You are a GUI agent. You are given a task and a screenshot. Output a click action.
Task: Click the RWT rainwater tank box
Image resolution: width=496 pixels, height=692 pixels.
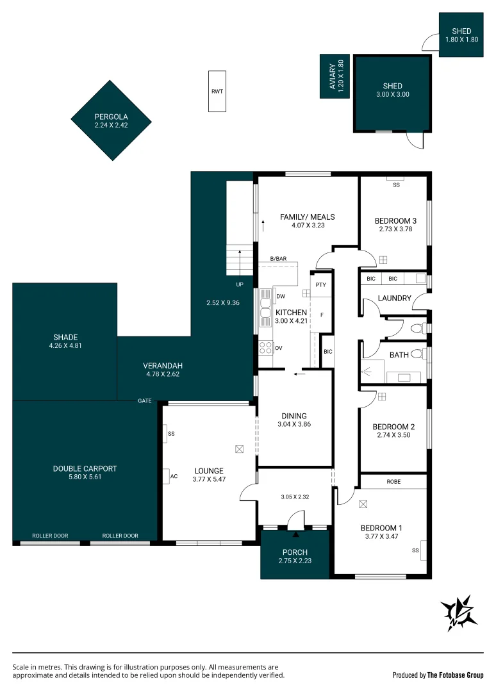click(217, 91)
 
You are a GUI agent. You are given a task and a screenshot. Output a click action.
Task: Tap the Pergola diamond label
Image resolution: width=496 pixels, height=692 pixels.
click(112, 117)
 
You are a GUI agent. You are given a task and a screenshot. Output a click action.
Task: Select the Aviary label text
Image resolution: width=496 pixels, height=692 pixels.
click(332, 77)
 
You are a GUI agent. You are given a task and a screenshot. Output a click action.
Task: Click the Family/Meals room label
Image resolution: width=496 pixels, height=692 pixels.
click(308, 217)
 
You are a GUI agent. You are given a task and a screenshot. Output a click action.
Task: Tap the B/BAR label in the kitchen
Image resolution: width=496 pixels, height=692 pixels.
click(278, 258)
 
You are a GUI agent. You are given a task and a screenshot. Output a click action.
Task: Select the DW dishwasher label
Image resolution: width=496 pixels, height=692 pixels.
click(281, 296)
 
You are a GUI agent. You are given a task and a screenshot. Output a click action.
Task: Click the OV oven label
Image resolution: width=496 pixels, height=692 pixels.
click(279, 348)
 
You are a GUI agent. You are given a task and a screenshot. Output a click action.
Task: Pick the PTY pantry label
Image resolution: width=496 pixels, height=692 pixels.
click(320, 284)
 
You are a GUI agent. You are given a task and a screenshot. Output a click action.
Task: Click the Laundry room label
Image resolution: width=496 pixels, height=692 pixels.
click(394, 298)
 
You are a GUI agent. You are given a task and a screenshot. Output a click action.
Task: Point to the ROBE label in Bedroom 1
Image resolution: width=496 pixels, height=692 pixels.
click(393, 481)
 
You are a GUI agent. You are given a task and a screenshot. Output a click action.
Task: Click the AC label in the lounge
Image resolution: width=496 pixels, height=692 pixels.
click(173, 476)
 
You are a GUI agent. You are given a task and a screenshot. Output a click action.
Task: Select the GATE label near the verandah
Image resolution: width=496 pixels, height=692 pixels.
click(145, 400)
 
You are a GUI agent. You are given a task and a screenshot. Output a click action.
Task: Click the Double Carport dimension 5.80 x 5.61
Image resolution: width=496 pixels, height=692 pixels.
click(85, 477)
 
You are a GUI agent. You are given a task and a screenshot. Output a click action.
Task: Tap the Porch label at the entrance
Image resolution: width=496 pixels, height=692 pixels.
click(295, 552)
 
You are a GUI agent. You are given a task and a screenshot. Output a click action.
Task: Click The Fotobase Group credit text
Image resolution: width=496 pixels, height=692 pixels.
click(456, 675)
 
